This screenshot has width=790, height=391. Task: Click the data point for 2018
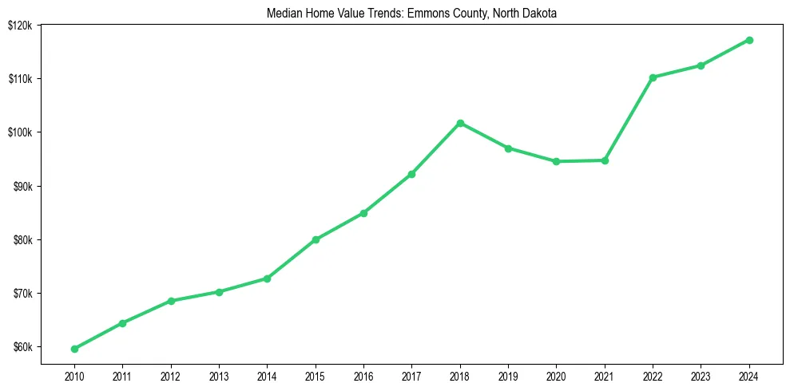tap(460, 123)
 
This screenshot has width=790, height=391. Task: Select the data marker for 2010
tap(74, 349)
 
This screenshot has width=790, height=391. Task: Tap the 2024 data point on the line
tap(749, 40)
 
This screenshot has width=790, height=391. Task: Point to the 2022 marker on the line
tap(653, 77)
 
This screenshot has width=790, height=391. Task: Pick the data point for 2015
tap(316, 239)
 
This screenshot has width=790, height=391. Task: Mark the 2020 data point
tap(556, 161)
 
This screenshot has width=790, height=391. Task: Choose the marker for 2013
tap(219, 292)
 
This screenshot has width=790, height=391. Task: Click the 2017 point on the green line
tap(411, 174)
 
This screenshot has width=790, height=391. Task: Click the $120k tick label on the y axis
tap(21, 25)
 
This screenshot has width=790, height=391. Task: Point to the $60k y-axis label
tap(23, 347)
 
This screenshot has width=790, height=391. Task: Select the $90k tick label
tap(23, 186)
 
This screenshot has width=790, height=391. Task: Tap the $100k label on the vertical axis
tap(21, 132)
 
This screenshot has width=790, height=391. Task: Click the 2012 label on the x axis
tap(170, 374)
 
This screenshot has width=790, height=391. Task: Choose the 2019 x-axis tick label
tap(508, 374)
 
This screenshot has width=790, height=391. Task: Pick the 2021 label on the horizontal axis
tap(605, 374)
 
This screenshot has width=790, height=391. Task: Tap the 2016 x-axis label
tap(363, 374)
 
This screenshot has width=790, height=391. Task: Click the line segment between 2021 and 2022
tap(629, 119)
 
